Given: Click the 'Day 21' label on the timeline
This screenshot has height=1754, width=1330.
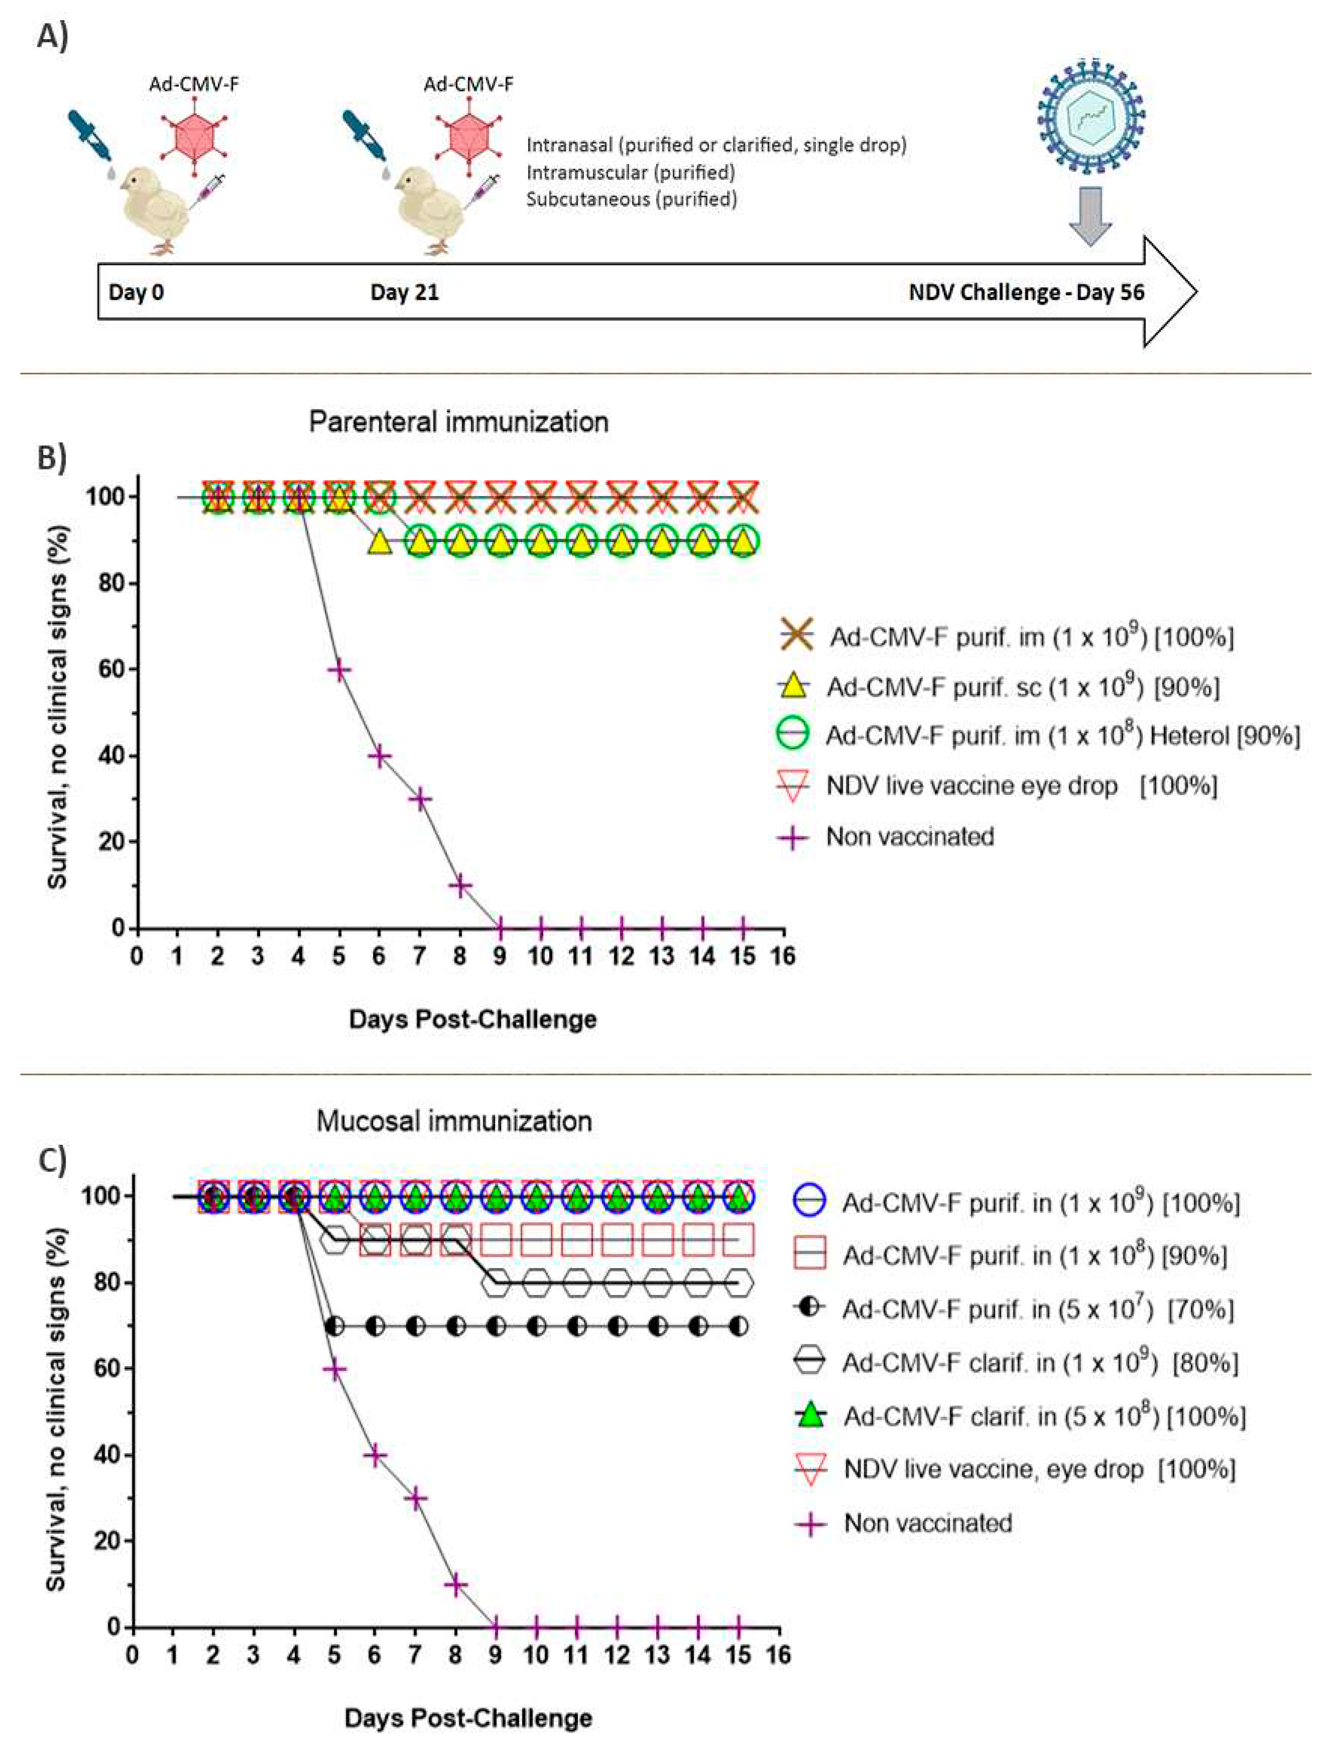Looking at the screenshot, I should coord(404,293).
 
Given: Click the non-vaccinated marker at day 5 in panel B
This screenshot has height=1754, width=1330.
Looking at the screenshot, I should coord(339,670).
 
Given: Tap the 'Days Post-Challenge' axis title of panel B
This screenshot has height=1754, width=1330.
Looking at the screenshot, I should coord(472,1019).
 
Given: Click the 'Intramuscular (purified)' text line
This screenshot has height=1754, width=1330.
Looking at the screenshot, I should coord(630,172).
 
